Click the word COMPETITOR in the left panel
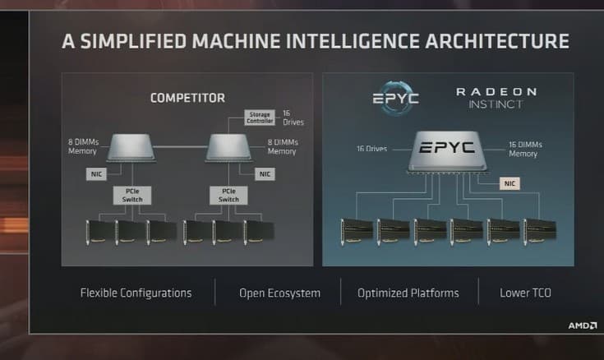point(187,99)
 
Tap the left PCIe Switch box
point(127,195)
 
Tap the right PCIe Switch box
point(230,195)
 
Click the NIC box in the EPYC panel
point(509,183)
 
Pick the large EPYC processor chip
point(445,151)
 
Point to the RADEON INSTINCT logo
point(496,98)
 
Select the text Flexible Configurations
point(136,293)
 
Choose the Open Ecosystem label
point(279,293)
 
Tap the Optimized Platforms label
point(408,293)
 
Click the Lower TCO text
point(526,293)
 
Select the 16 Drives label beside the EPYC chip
point(371,149)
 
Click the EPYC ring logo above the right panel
point(394,99)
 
